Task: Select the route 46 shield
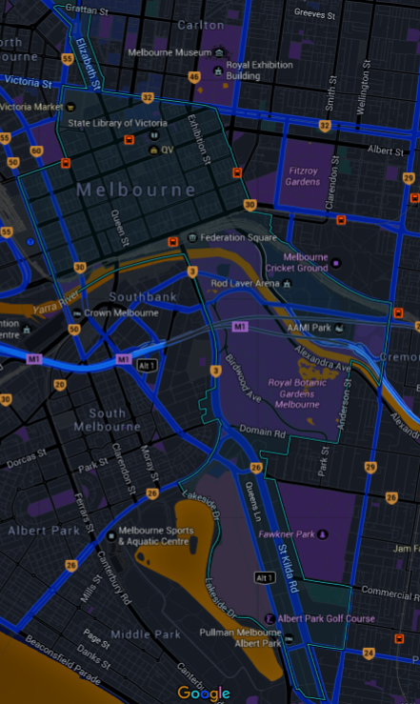(x=194, y=76)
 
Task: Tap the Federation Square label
(x=230, y=237)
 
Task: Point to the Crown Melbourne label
(x=121, y=312)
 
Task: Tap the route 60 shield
(x=36, y=150)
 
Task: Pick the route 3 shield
(x=192, y=272)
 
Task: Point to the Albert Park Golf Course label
(x=325, y=619)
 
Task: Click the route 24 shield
(x=368, y=653)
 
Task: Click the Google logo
(x=204, y=694)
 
